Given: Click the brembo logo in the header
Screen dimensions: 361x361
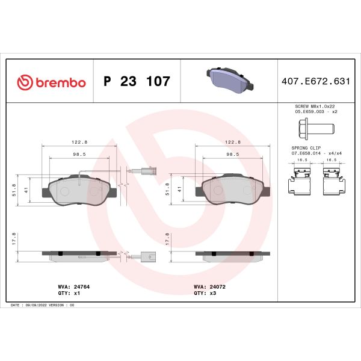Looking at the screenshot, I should click(x=52, y=81).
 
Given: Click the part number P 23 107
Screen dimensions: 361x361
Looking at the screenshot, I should click(x=137, y=81).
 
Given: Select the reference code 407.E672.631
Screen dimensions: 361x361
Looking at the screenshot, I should click(x=315, y=81).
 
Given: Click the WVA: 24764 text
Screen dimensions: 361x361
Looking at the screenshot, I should click(x=74, y=288).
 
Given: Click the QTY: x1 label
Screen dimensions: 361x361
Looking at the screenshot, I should click(x=69, y=294).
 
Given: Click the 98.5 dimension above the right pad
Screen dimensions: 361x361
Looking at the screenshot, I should click(x=233, y=153).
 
